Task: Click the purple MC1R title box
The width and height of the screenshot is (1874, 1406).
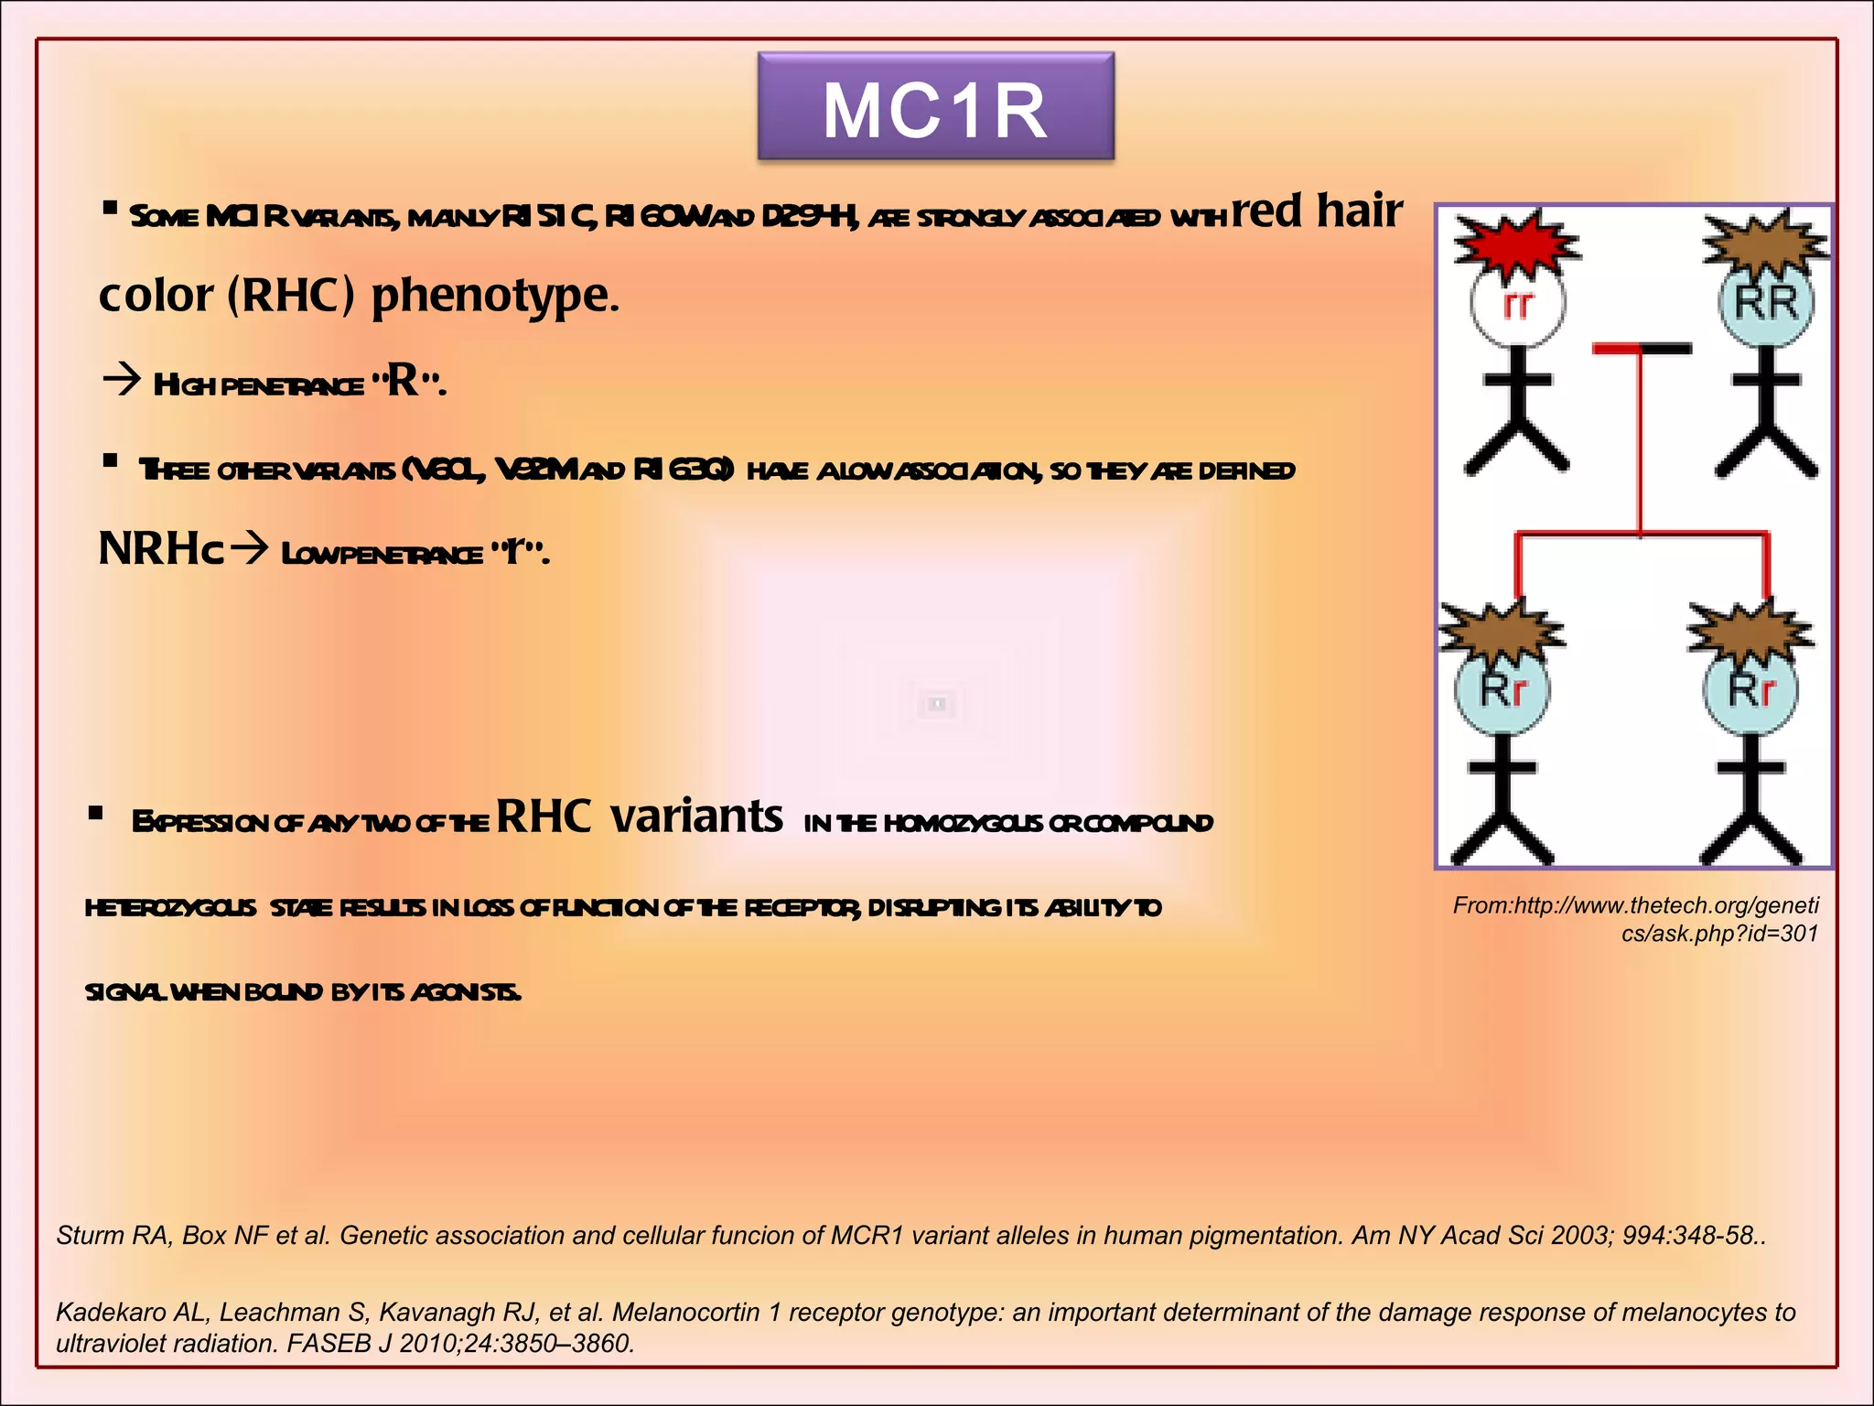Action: point(935,107)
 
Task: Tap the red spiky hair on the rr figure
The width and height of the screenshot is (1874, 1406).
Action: point(1515,242)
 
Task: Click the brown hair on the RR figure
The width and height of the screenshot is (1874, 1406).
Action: point(1764,242)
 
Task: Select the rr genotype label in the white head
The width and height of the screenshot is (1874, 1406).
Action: point(1517,305)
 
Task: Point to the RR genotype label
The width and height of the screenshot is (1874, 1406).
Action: point(1766,303)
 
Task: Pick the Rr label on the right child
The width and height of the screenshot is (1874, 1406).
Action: point(1751,691)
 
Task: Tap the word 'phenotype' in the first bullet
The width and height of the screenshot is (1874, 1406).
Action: point(495,296)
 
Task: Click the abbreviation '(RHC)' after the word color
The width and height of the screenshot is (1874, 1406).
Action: point(290,296)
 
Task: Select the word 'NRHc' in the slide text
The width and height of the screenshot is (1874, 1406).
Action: point(160,548)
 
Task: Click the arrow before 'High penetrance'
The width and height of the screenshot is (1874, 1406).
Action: point(122,379)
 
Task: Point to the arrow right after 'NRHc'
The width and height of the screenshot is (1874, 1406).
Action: point(249,548)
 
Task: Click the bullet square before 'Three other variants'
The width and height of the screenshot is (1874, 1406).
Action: point(111,461)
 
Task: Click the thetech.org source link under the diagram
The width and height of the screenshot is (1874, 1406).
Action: point(1635,919)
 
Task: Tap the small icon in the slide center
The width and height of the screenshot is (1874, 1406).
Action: point(936,703)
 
